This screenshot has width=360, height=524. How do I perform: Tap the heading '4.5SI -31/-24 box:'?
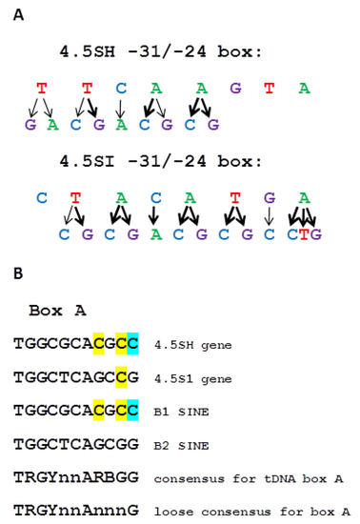point(156,163)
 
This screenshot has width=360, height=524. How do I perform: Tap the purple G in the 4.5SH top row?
point(235,89)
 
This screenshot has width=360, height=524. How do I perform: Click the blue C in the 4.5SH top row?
point(121,89)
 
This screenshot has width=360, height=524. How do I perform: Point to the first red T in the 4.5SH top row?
point(41,89)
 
